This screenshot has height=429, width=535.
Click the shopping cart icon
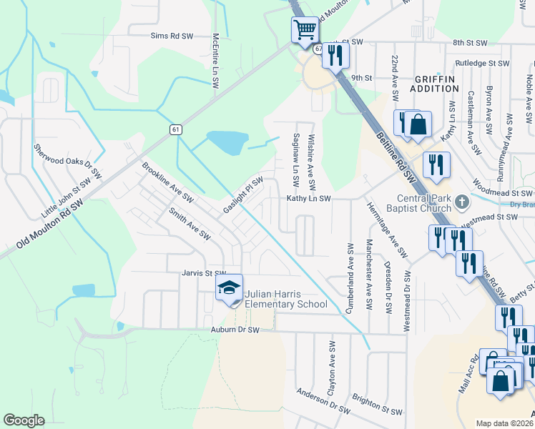305,30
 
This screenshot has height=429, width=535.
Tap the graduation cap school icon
229,288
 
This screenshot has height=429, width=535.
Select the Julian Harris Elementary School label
286,300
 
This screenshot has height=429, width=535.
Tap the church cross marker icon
461,202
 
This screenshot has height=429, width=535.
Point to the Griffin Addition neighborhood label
434,84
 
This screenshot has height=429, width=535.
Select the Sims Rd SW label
172,35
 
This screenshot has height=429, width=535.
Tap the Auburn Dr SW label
232,330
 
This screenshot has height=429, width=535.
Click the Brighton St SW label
378,404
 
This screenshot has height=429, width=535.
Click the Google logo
24,420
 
